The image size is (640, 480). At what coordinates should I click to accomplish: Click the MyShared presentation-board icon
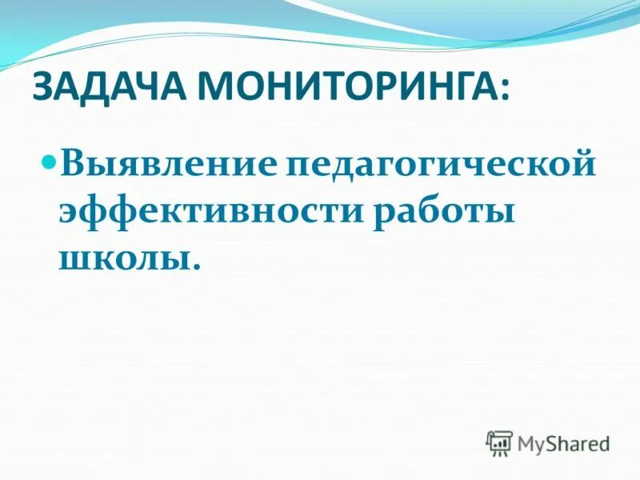coord(498,442)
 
